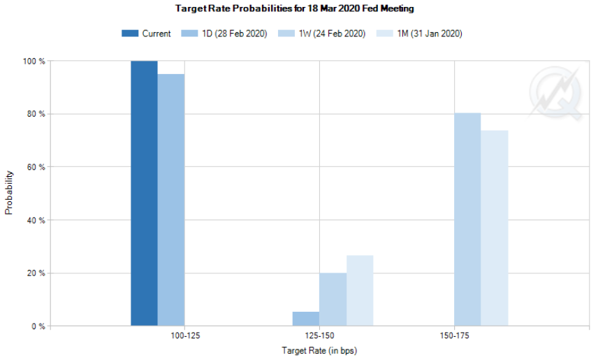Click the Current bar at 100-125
[x=144, y=194]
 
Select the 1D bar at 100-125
[x=171, y=200]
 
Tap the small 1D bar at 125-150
[x=306, y=319]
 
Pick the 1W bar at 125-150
[x=333, y=299]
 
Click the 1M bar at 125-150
[x=360, y=291]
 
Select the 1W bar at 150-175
[x=467, y=219]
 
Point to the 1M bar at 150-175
[x=495, y=228]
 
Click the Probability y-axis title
[x=10, y=192]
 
